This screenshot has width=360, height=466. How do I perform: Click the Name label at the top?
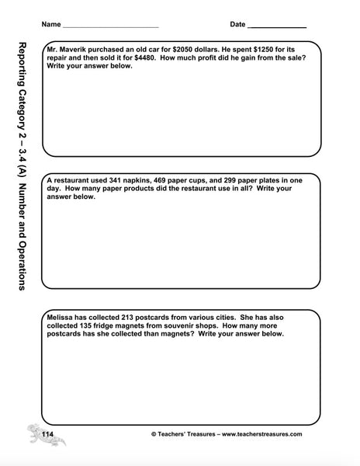[51, 24]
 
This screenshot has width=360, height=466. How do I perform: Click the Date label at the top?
[237, 24]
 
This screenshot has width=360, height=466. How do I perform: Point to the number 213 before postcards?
[132, 317]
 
